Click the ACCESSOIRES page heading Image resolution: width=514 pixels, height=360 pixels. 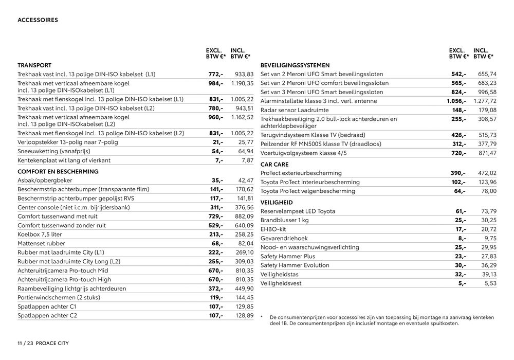(x=38, y=20)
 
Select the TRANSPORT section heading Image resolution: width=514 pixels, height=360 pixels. (x=34, y=65)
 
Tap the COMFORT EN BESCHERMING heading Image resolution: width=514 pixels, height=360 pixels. (x=58, y=171)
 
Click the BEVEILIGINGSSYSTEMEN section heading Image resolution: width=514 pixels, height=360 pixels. (x=295, y=65)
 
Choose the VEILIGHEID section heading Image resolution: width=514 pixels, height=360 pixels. (x=277, y=203)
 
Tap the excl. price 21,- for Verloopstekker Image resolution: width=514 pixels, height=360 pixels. (x=217, y=142)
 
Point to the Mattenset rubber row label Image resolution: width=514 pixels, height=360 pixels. (x=42, y=243)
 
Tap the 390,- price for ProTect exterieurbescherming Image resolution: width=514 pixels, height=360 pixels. (x=458, y=173)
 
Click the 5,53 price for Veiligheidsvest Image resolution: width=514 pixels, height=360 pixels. (x=491, y=283)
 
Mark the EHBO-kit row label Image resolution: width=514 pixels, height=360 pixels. (x=274, y=229)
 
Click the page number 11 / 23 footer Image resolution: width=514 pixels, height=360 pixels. (x=25, y=343)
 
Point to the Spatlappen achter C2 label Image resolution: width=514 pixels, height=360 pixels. (x=47, y=315)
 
